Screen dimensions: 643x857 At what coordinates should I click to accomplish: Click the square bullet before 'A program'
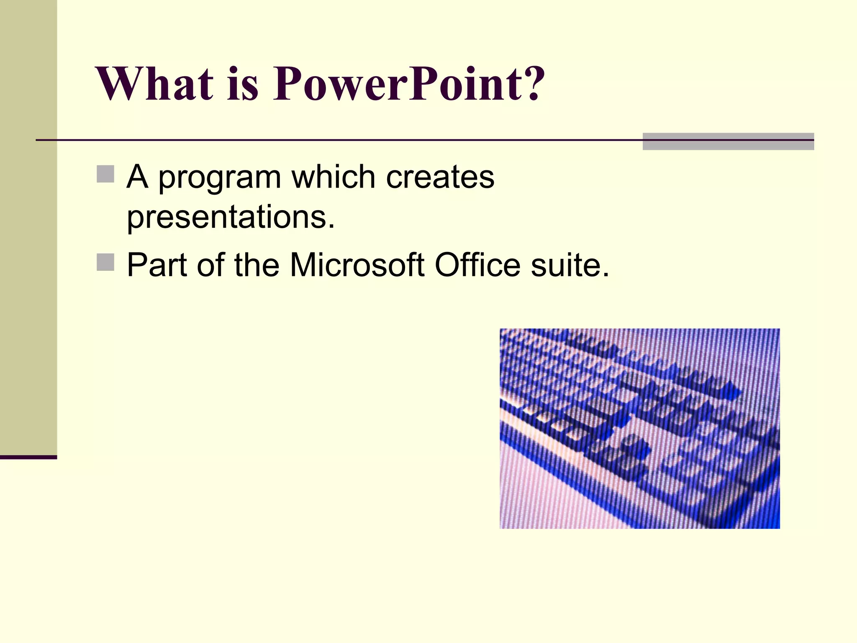(105, 174)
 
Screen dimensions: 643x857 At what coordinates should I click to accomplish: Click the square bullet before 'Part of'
(105, 262)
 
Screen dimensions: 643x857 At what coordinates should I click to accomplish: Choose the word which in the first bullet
(333, 177)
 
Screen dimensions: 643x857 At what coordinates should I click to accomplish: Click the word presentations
(230, 218)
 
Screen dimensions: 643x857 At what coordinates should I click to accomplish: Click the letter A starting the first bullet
(137, 177)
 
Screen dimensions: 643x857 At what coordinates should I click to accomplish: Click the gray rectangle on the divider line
(728, 141)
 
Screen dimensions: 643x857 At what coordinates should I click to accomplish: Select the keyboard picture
(639, 428)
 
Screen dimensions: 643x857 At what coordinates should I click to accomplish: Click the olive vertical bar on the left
(28, 226)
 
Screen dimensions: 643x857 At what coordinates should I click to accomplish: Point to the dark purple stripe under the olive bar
(28, 457)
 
